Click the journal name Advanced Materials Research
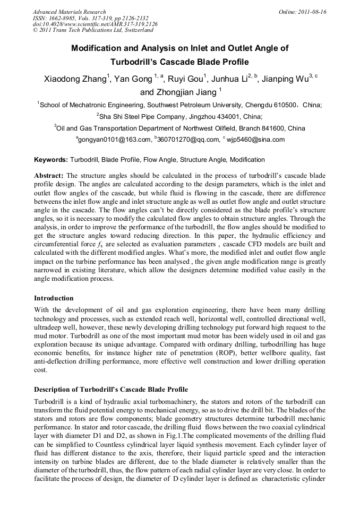(x=69, y=12)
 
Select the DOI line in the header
(x=95, y=24)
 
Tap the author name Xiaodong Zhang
(x=76, y=80)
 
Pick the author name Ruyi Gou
(x=186, y=80)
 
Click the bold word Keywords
(x=50, y=160)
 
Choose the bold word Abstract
(x=49, y=175)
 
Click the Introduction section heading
(x=54, y=298)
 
